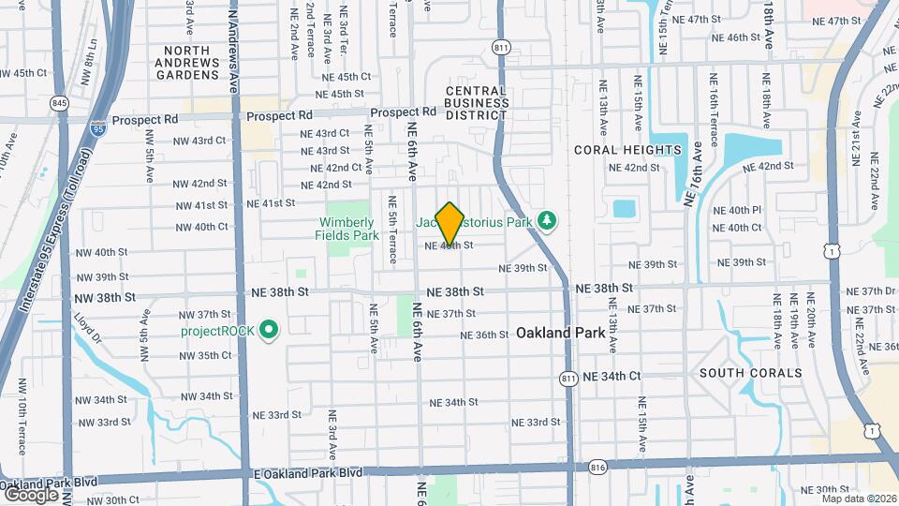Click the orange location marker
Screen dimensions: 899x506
(x=450, y=223)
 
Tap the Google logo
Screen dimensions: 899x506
(x=30, y=494)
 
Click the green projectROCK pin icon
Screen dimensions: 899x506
(x=270, y=329)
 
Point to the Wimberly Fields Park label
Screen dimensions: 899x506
(x=348, y=229)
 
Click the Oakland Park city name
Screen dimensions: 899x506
(x=560, y=333)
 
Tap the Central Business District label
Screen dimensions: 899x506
(x=476, y=103)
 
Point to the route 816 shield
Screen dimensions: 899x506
(x=599, y=467)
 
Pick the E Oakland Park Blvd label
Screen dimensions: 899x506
(x=307, y=473)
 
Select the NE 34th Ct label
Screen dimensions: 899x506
(x=612, y=376)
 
